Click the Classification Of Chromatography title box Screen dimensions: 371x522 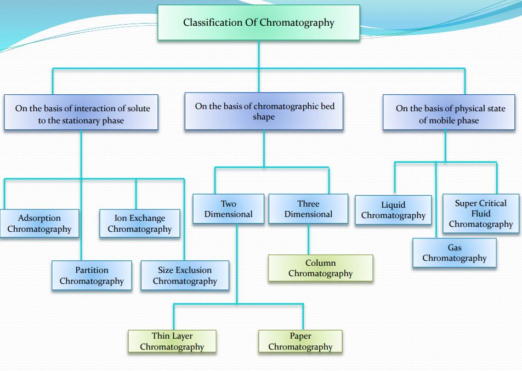point(258,22)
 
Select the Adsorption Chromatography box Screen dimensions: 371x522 point(39,224)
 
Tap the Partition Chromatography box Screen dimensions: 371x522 point(92,276)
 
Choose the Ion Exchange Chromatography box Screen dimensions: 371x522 point(139,224)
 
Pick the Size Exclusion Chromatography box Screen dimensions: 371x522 point(185,276)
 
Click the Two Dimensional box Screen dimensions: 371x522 point(228,209)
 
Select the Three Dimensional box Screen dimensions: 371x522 point(308,209)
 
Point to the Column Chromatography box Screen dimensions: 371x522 point(320,268)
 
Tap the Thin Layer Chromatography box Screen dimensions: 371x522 point(172,341)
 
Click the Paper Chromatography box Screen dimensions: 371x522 point(300,341)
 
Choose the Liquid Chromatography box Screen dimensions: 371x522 point(393,210)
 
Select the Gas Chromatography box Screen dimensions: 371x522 point(454,253)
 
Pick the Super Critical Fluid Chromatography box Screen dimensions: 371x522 point(480,213)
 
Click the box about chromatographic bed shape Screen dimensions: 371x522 point(264,111)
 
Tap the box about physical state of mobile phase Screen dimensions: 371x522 point(449,114)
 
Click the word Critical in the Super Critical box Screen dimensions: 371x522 point(491,203)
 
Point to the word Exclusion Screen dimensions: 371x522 point(193,270)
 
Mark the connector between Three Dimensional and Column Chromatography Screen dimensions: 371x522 point(308,239)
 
